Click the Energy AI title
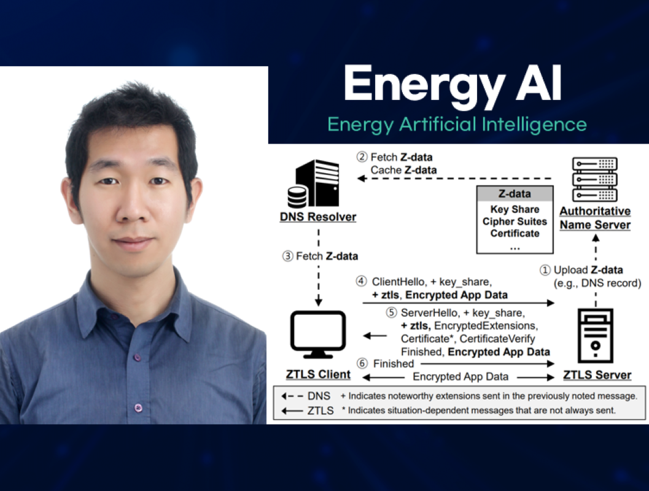tap(453, 84)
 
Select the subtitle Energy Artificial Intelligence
tap(457, 124)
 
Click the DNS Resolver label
tap(317, 217)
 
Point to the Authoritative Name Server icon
tap(594, 179)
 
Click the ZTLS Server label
tap(596, 375)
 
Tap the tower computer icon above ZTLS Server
tap(595, 337)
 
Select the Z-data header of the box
tap(515, 194)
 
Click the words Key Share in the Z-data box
tap(515, 209)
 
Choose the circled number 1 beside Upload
tap(545, 270)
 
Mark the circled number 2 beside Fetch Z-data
tap(362, 157)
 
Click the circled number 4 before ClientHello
tap(362, 282)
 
